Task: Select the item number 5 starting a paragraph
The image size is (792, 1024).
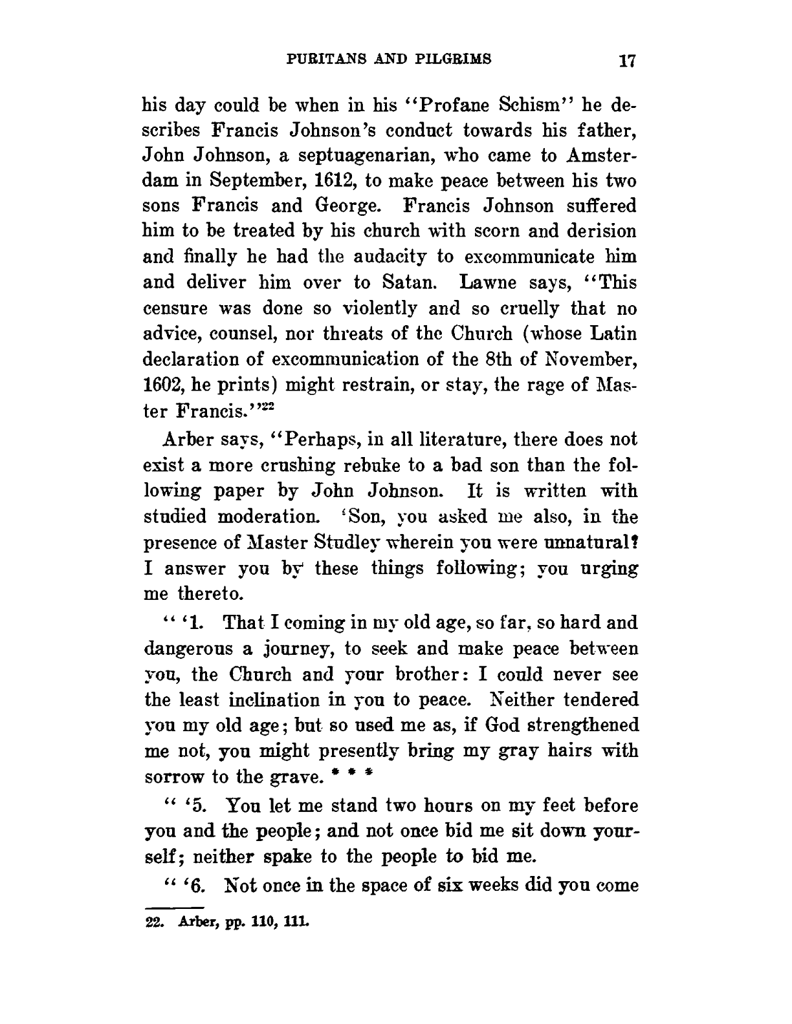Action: [x=193, y=807]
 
